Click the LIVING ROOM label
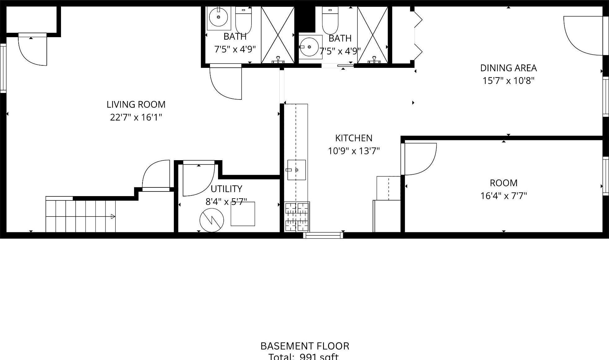(x=136, y=105)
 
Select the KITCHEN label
(x=354, y=138)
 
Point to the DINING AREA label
(x=508, y=68)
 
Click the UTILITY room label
(x=226, y=189)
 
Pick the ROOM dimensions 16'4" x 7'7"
(x=503, y=196)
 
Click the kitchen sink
(x=296, y=170)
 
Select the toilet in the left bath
(x=243, y=20)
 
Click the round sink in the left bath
(x=218, y=17)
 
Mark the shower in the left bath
(x=278, y=35)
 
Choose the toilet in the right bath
(x=330, y=20)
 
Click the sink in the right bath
(x=309, y=47)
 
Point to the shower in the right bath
(x=372, y=35)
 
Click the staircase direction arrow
(x=113, y=217)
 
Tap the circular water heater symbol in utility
(x=212, y=220)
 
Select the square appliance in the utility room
(x=243, y=214)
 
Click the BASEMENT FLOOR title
(x=304, y=346)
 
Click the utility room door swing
(x=198, y=180)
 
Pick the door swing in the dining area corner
(x=582, y=36)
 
